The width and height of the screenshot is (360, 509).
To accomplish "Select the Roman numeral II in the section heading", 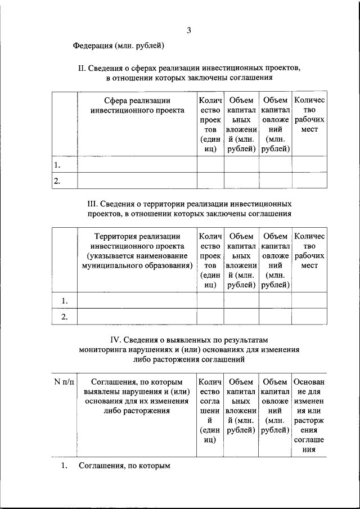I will pyautogui.click(x=81, y=68).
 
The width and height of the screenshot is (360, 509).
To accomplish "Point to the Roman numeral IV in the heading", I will pyautogui.click(x=115, y=339).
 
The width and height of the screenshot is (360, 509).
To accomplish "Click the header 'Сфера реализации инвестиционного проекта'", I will pyautogui.click(x=137, y=105).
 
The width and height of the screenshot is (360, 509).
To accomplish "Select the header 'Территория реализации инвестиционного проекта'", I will pyautogui.click(x=137, y=241).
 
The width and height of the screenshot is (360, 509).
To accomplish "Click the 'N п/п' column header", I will pyautogui.click(x=64, y=382).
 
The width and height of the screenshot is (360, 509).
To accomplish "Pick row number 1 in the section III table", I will pyautogui.click(x=64, y=300).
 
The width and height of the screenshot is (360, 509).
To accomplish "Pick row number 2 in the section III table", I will pyautogui.click(x=64, y=317).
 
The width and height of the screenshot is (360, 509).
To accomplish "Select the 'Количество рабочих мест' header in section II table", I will pyautogui.click(x=309, y=115).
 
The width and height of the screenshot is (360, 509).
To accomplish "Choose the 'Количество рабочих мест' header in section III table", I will pyautogui.click(x=309, y=251).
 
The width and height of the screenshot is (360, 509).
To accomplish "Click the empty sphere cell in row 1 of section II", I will pyautogui.click(x=137, y=164).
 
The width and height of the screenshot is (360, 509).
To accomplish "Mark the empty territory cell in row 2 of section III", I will pyautogui.click(x=137, y=317).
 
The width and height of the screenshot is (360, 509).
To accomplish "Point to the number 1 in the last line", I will pyautogui.click(x=64, y=466).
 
